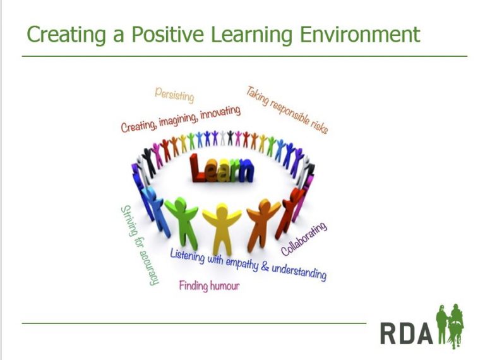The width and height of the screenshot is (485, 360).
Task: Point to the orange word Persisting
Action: (x=174, y=95)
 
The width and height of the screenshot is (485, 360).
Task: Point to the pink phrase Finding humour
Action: (x=209, y=286)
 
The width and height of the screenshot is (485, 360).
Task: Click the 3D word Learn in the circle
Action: (x=221, y=169)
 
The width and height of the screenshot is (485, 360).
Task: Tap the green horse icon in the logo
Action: (x=450, y=327)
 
